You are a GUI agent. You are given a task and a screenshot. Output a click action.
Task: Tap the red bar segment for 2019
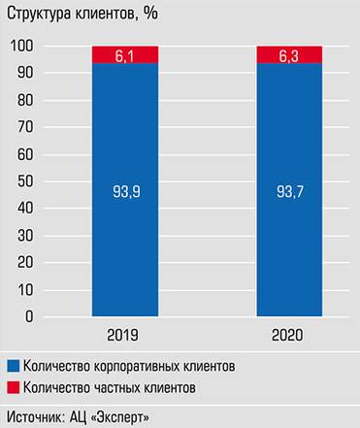click(125, 55)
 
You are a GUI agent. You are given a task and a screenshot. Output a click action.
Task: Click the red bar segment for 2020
click(290, 55)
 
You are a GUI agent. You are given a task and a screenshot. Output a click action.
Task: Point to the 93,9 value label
click(125, 191)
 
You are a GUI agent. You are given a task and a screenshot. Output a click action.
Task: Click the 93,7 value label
click(290, 191)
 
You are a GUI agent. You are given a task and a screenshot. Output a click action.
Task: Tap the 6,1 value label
click(125, 54)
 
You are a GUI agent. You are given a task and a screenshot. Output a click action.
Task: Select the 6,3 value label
click(290, 54)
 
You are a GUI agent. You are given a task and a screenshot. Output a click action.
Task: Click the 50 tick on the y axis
click(26, 181)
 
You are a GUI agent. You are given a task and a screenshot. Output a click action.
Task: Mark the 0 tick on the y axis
click(29, 316)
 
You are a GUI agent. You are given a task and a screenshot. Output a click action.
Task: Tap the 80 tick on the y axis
click(26, 100)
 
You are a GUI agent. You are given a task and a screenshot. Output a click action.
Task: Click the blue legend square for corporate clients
click(13, 367)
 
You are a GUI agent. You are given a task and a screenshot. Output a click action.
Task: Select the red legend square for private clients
click(13, 388)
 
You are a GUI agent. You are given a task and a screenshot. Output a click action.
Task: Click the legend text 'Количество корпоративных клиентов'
click(129, 367)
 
